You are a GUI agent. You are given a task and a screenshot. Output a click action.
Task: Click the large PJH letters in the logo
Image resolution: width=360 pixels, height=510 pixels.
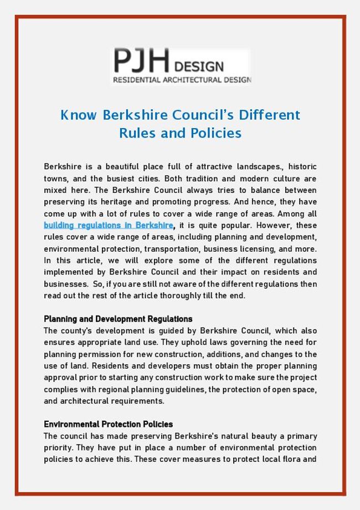click(x=141, y=62)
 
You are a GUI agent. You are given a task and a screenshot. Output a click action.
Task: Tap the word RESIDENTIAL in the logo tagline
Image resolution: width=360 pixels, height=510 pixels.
click(x=136, y=80)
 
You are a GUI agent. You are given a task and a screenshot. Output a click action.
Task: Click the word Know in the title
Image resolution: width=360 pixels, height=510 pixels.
click(x=78, y=115)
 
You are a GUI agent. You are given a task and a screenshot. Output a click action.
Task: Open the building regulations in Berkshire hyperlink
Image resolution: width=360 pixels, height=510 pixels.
click(x=109, y=225)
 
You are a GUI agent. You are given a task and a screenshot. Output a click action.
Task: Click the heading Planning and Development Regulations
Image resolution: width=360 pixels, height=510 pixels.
click(x=118, y=319)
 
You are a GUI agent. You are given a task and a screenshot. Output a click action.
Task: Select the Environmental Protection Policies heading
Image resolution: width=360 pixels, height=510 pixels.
click(x=108, y=424)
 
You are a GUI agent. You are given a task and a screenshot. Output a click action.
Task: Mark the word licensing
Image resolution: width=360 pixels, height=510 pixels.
click(x=260, y=248)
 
